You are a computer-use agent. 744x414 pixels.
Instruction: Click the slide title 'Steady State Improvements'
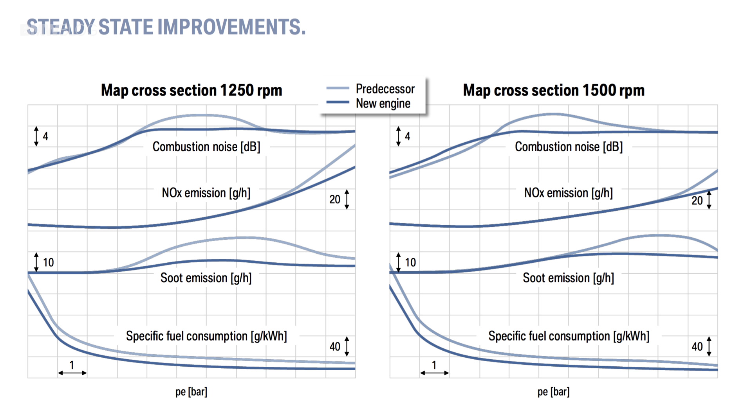click(166, 27)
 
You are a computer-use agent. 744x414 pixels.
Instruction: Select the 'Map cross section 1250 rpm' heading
click(191, 90)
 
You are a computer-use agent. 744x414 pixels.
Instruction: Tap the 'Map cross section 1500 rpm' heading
click(553, 90)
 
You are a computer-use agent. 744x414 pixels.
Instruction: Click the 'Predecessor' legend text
click(385, 89)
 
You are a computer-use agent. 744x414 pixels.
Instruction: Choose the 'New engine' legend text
click(383, 104)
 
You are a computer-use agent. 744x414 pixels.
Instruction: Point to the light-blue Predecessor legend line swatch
click(338, 89)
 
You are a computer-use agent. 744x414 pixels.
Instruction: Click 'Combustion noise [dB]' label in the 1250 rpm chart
click(206, 147)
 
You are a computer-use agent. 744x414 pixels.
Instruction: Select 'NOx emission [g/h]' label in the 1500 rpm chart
click(568, 193)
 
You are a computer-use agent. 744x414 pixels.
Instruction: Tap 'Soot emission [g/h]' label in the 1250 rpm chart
click(206, 278)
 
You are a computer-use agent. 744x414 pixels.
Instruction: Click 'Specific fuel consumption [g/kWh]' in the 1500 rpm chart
click(569, 336)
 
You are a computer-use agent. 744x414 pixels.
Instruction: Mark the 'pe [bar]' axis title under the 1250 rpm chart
click(191, 392)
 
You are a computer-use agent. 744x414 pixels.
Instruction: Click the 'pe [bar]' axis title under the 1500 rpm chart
click(553, 392)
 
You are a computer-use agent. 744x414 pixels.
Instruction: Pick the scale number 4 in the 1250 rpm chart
click(45, 136)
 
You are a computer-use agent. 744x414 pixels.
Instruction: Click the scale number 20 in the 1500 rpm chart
click(697, 201)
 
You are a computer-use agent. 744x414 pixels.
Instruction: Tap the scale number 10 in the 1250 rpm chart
click(48, 262)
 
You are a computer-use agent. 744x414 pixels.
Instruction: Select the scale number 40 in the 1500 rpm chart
click(697, 347)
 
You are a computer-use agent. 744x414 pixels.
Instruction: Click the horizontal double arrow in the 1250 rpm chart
click(72, 373)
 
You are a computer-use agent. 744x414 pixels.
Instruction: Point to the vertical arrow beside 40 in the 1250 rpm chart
click(347, 346)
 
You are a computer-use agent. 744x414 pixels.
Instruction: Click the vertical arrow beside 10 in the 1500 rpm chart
click(399, 262)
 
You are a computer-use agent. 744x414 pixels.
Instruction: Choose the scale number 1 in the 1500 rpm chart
click(434, 365)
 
